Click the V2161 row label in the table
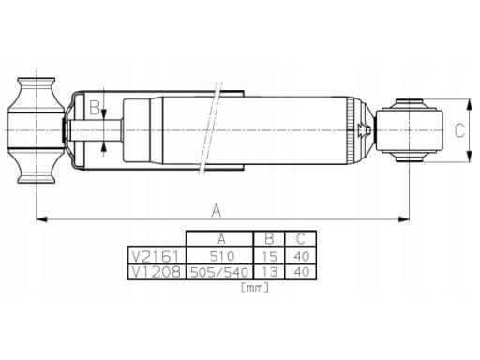point(156,257)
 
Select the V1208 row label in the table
point(156,272)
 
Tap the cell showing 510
point(222,256)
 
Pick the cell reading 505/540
point(219,272)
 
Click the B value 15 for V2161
point(269,257)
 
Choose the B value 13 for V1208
point(269,272)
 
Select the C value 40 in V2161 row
point(302,257)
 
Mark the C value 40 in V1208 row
point(302,272)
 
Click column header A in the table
point(221,239)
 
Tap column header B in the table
point(269,239)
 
